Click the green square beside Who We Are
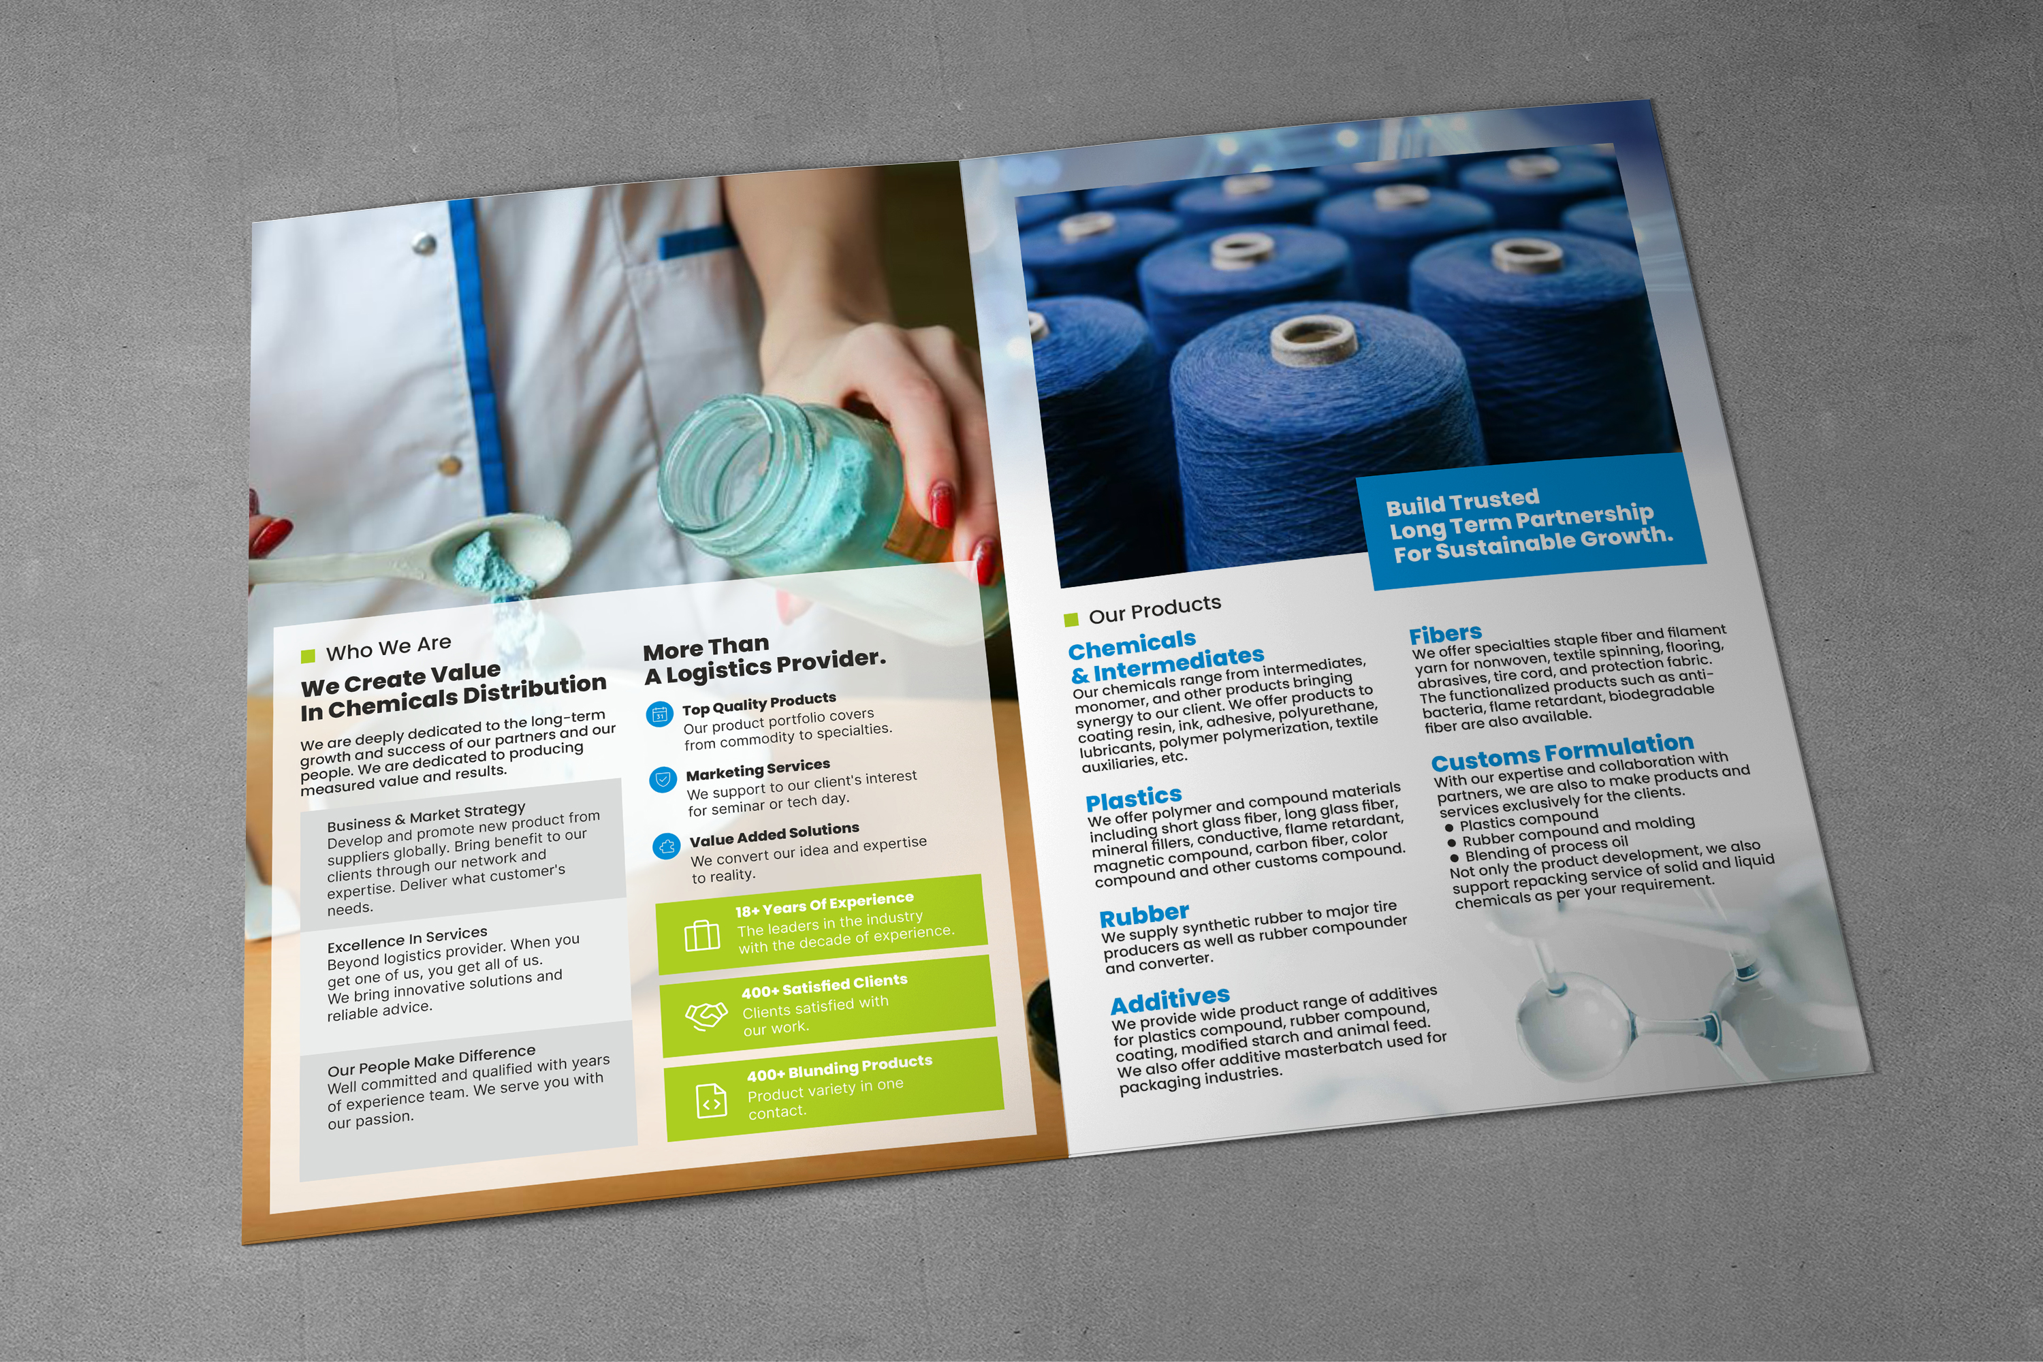pos(308,656)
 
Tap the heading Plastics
pos(1134,797)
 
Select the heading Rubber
pos(1143,915)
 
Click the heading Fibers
pos(1445,634)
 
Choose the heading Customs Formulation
pos(1562,753)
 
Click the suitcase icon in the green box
pos(702,936)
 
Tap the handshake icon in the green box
pos(706,1015)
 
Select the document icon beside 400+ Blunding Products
pos(712,1100)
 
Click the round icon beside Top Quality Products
pos(660,714)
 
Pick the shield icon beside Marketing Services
pos(663,779)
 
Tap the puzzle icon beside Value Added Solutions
pos(666,846)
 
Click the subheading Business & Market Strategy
pos(426,817)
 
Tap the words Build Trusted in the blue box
pos(1462,502)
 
